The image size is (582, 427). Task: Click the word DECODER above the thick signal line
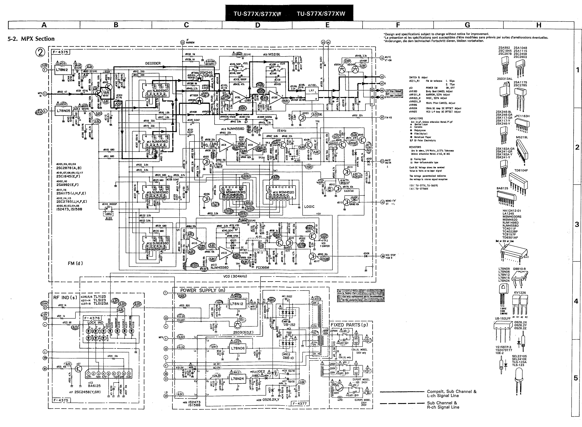(x=153, y=63)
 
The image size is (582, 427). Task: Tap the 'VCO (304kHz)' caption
(x=235, y=276)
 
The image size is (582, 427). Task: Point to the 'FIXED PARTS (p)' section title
(x=349, y=325)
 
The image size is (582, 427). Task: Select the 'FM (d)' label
(x=75, y=263)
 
